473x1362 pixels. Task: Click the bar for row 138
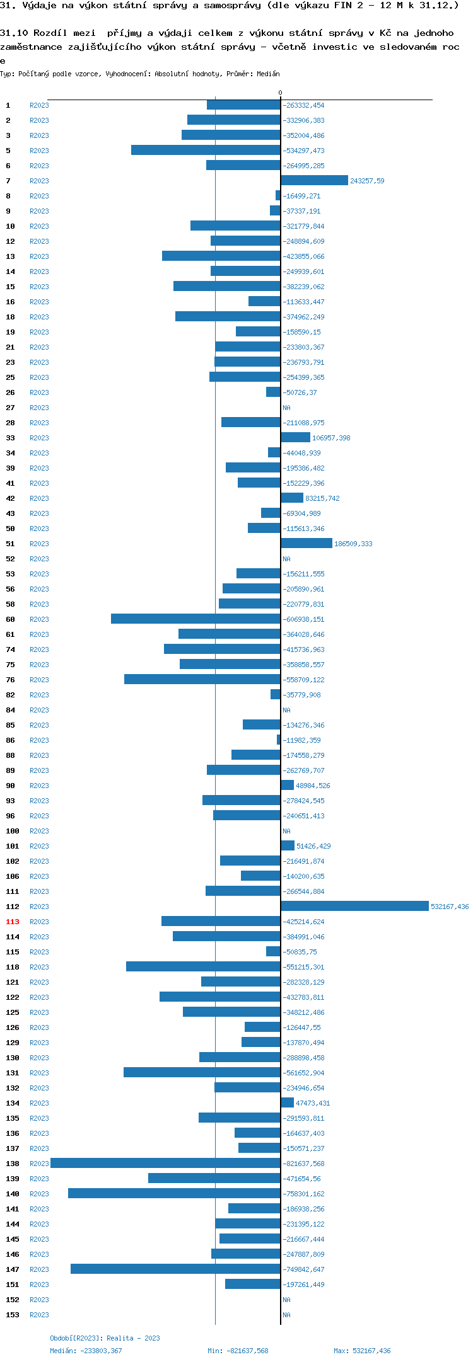coord(165,1164)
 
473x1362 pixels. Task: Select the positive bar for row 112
coord(354,907)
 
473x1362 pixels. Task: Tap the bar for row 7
coord(314,181)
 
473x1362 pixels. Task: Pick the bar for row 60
coord(196,619)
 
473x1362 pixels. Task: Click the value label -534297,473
coord(303,151)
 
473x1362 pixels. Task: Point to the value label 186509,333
coord(353,544)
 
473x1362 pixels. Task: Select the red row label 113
coord(13,922)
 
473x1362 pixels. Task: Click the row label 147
coord(13,1269)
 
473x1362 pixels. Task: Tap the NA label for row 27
coord(286,408)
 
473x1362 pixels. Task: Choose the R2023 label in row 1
coord(39,105)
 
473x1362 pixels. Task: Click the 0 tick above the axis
coord(281,93)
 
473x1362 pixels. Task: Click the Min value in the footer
coord(238,1351)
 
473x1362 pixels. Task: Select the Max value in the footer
coord(362,1351)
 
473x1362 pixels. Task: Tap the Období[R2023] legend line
coord(105,1338)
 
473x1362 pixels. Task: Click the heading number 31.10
coord(14,33)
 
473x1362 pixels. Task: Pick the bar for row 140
coord(174,1194)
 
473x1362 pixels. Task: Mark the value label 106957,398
coord(331,438)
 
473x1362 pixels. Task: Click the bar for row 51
coord(307,544)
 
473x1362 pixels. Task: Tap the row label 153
coord(13,1315)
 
